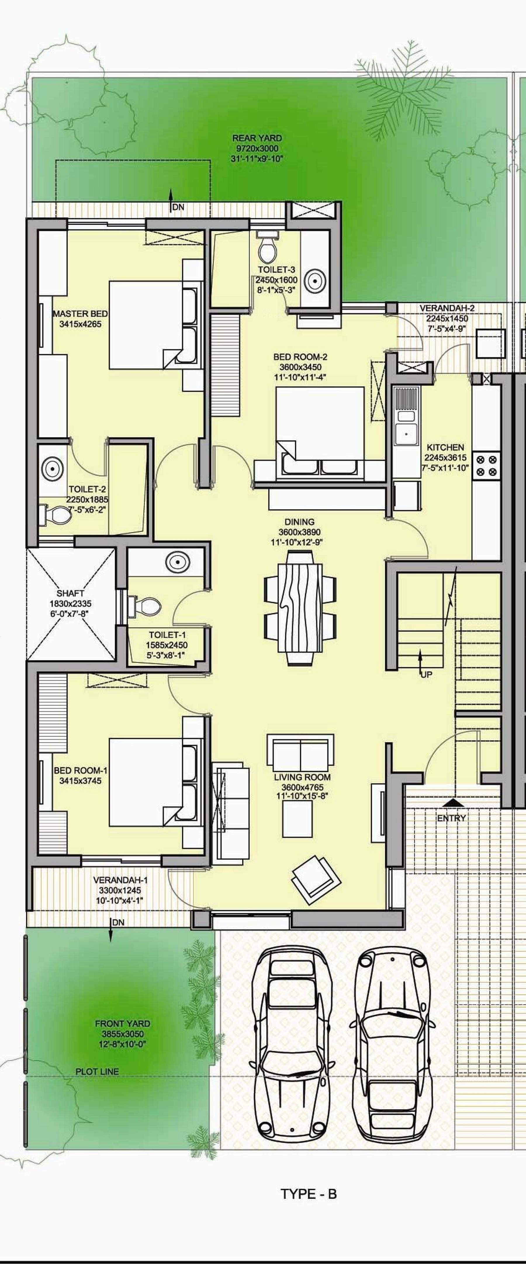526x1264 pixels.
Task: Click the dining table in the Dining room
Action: click(300, 608)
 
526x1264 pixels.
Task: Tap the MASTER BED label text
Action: click(80, 314)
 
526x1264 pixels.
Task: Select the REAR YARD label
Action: click(257, 138)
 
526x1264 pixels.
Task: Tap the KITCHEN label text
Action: click(445, 447)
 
